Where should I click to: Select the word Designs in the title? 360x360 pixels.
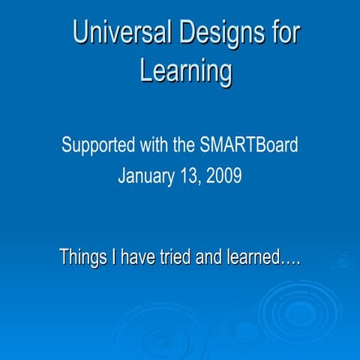[216, 33]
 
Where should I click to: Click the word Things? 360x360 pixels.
[83, 258]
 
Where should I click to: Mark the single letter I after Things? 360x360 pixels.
[115, 258]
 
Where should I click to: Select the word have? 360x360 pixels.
[139, 258]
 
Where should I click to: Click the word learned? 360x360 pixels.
[255, 258]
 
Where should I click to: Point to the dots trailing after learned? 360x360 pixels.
[291, 262]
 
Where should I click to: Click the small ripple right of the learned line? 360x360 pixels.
[343, 262]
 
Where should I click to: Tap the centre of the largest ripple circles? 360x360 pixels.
[298, 308]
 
